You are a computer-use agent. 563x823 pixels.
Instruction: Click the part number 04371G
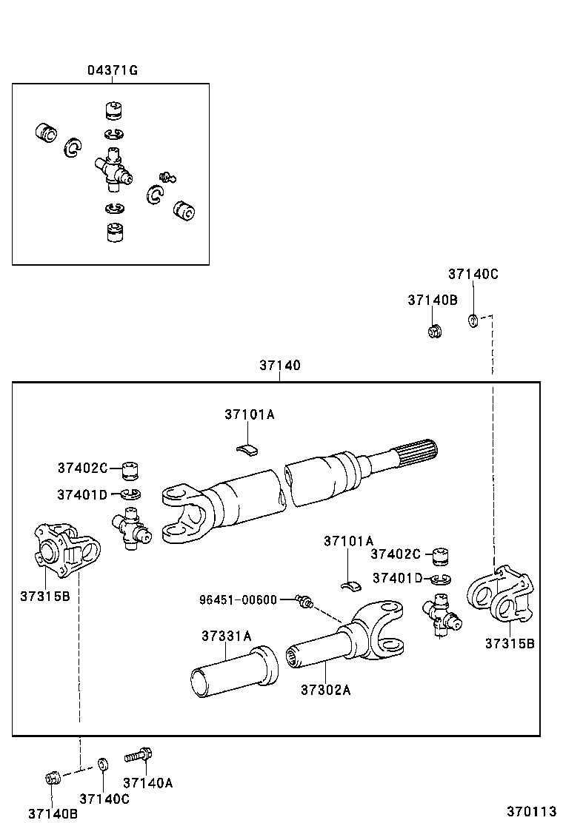pos(113,71)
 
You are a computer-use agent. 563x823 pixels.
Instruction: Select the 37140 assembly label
pos(280,366)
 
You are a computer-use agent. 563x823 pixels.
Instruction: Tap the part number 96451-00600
pos(237,599)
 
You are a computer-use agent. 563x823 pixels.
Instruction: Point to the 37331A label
pos(226,636)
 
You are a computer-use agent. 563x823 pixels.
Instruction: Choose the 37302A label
pos(325,690)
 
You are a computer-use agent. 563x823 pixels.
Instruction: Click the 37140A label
pos(147,783)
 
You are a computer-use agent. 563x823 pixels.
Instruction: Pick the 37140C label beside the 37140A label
pos(104,799)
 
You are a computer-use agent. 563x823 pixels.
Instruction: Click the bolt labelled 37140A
pos(140,756)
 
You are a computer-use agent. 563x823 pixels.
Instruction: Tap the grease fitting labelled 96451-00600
pos(303,602)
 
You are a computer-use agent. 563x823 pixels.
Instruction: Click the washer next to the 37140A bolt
pos(104,764)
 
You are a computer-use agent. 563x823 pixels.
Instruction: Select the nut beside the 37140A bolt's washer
pos(52,778)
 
